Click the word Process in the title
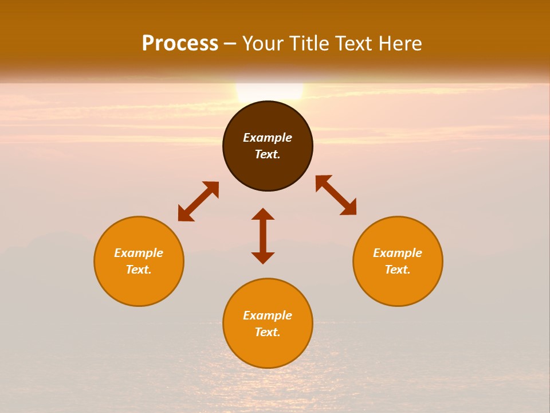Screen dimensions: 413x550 coord(180,44)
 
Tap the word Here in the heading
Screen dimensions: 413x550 coord(399,44)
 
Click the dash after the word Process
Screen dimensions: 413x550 coord(230,44)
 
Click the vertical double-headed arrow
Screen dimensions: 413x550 coord(263,236)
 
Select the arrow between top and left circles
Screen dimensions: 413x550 coord(198,201)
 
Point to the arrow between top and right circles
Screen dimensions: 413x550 coord(336,195)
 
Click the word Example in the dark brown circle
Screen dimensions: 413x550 coord(268,138)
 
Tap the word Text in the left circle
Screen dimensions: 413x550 coord(139,270)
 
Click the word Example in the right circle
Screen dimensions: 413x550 coord(398,253)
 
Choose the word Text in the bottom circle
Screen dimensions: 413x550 coord(268,332)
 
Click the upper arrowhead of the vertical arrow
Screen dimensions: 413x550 coord(263,214)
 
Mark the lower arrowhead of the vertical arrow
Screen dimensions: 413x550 coord(263,258)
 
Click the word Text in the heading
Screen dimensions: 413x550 coord(353,44)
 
